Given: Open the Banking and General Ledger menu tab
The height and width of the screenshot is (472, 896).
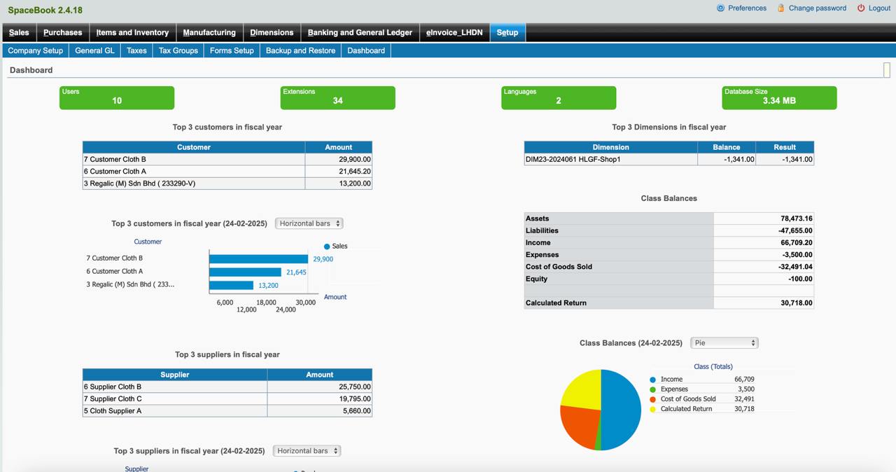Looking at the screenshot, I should (x=360, y=32).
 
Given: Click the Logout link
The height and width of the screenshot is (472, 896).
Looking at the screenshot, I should (x=878, y=8).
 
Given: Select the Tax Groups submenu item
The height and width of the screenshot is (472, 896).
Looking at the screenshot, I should (x=178, y=50).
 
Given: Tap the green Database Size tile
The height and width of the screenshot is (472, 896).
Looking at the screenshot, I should (x=779, y=97).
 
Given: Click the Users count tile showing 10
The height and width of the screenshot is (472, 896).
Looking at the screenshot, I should (x=117, y=97).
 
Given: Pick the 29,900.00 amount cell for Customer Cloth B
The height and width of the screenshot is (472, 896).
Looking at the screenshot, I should (x=338, y=159).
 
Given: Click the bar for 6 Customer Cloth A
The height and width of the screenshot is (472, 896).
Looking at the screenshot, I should (x=245, y=272).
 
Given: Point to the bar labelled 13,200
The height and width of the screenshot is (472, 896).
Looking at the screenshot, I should (x=231, y=285).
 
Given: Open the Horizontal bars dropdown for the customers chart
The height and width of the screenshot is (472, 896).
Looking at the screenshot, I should (x=309, y=223).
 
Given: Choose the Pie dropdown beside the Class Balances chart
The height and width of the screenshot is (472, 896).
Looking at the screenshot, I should (x=724, y=343).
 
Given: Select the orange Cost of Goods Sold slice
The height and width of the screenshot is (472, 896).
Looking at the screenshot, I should (x=578, y=427).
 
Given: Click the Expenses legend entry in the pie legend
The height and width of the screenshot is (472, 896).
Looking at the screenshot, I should (x=674, y=389).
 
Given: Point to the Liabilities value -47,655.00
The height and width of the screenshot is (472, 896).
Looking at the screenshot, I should (x=763, y=230).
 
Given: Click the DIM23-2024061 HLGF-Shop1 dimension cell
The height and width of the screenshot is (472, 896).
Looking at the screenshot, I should (x=610, y=159).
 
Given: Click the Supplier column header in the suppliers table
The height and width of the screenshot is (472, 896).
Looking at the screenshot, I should (x=174, y=375).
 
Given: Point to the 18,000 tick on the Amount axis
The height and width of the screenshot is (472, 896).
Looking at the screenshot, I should (x=266, y=303).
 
